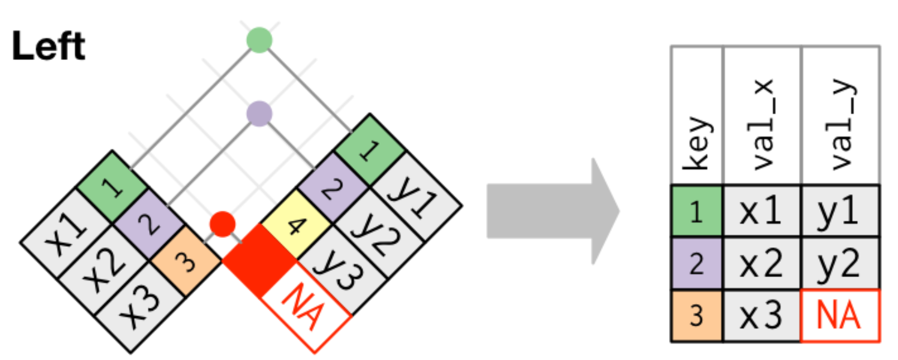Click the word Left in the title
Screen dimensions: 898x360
[x=48, y=46]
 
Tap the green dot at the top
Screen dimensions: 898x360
[x=259, y=40]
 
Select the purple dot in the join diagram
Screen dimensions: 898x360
[x=259, y=114]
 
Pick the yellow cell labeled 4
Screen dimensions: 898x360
[x=296, y=224]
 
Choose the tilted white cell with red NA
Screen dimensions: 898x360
[x=306, y=307]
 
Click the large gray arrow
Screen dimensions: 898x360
[x=553, y=211]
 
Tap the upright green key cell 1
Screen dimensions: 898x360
[x=697, y=211]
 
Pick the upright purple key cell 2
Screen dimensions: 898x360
[x=697, y=263]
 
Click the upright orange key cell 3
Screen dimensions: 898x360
[x=697, y=316]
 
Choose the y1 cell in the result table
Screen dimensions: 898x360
[x=840, y=211]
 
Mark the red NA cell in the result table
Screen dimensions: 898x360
[x=840, y=316]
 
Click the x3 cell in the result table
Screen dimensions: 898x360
[x=762, y=316]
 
